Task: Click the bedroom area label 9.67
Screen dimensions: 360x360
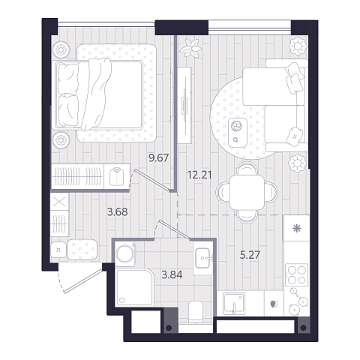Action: pos(159,158)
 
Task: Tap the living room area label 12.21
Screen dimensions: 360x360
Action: pos(199,175)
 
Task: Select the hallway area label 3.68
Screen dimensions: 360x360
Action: pos(117,212)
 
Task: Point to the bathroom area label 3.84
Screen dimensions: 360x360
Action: pos(172,274)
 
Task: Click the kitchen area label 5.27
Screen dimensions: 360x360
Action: pos(250,255)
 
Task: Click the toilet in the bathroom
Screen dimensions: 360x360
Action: pos(196,311)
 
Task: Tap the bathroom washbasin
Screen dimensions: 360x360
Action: pos(203,258)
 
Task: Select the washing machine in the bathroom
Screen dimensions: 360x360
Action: pos(125,253)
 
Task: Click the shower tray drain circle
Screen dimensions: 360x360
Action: pos(122,300)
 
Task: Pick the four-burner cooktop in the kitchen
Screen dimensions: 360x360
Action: pos(297,274)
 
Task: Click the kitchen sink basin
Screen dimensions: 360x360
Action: pos(234,303)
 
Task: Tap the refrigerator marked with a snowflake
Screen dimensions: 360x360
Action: pos(297,228)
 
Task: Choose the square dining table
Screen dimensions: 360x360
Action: pos(247,192)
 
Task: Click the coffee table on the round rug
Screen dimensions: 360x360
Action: pos(238,132)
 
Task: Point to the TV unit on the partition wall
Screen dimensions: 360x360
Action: pos(185,105)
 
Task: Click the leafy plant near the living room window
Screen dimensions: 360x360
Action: pos(191,48)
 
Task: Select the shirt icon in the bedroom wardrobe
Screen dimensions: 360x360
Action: pos(116,176)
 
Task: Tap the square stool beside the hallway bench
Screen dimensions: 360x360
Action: pos(58,250)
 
